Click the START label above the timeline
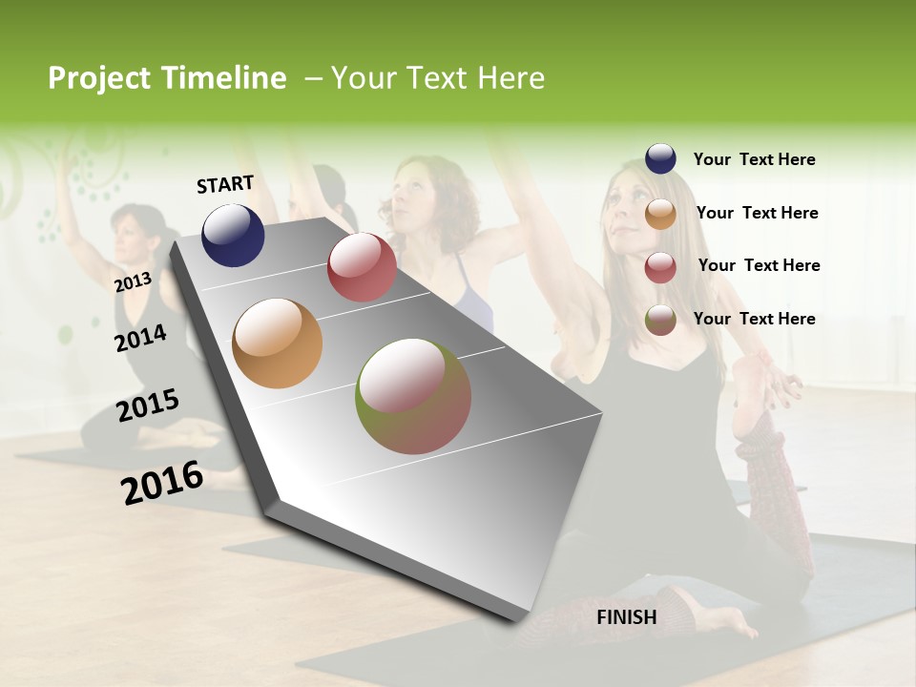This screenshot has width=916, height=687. [x=225, y=183]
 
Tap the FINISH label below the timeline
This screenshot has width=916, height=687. [x=626, y=617]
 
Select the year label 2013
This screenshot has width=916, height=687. [x=133, y=281]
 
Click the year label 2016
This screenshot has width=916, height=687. [x=162, y=482]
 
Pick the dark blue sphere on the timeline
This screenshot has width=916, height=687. [x=233, y=235]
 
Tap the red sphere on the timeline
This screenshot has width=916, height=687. [x=362, y=267]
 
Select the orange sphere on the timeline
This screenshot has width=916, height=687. [x=278, y=343]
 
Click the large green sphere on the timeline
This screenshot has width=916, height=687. [x=413, y=396]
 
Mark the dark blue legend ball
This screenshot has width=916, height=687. [x=660, y=159]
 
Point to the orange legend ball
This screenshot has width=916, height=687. [x=660, y=214]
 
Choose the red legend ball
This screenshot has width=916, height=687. [x=660, y=267]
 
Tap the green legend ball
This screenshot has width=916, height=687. [x=660, y=320]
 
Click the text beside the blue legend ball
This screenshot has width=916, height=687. [x=754, y=159]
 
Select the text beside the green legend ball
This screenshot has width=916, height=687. [x=754, y=319]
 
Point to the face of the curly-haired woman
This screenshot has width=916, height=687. [x=412, y=191]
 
